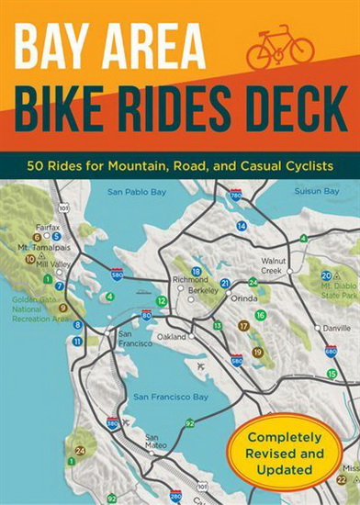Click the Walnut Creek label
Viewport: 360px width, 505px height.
coord(274,266)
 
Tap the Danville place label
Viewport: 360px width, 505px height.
coord(336,327)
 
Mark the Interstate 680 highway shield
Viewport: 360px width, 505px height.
coord(331,350)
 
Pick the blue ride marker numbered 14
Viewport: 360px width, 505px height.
coord(242,225)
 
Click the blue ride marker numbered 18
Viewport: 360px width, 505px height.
coord(196,272)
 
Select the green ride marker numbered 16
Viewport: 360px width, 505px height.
coord(260,315)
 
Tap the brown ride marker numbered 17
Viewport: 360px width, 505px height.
coord(243,325)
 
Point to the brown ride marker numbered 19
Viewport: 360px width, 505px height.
coord(257,352)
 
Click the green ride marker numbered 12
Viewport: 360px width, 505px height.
coord(162,300)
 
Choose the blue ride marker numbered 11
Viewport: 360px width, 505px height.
coord(77,341)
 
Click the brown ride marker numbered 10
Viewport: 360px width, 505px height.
coord(30,259)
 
